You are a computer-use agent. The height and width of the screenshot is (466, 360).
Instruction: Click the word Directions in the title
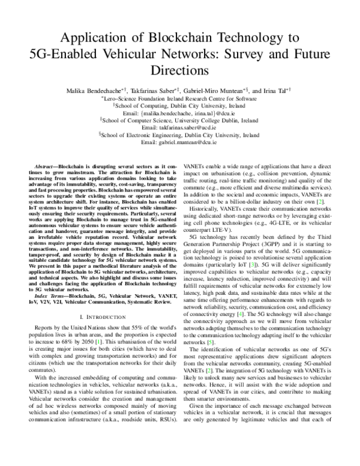pyautogui.click(x=179, y=69)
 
